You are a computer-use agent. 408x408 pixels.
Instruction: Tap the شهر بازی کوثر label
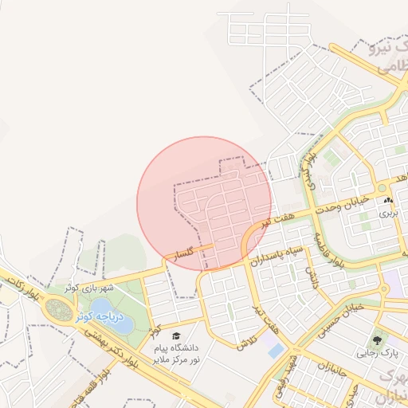pos(89,288)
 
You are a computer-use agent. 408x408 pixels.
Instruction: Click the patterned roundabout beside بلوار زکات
pos(58,308)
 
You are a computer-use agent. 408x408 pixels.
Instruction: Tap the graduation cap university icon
pos(175,336)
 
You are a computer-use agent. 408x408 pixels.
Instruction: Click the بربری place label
pos(387,214)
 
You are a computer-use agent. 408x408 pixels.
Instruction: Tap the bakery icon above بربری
pos(387,201)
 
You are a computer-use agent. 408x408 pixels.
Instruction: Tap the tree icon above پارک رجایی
pos(377,338)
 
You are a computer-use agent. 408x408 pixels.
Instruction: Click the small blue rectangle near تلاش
pos(276,351)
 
